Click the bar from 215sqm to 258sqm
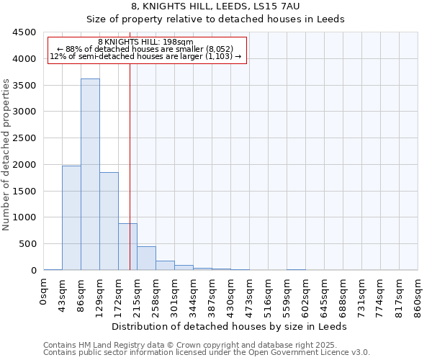point(146,258)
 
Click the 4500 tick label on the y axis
point(24,32)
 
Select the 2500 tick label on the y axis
point(24,138)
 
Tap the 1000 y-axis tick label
point(24,217)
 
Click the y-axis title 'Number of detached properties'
point(7,156)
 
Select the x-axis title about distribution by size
point(230,326)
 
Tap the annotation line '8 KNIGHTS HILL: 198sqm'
point(146,42)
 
